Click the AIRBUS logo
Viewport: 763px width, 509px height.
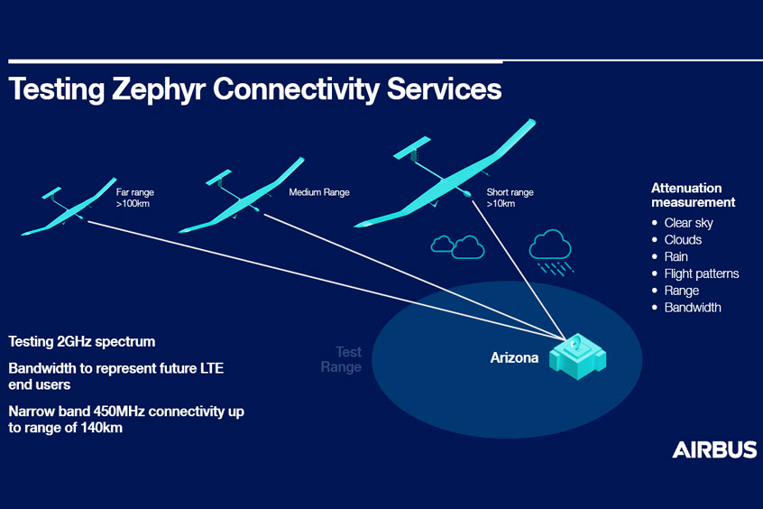coord(713,449)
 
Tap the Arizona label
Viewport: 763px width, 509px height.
coord(514,358)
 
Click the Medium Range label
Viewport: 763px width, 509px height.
coord(318,192)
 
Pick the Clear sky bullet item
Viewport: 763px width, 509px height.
coord(688,223)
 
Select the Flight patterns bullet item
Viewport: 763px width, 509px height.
coord(701,273)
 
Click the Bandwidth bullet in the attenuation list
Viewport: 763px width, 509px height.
coord(692,308)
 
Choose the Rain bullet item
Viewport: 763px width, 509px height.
coord(676,257)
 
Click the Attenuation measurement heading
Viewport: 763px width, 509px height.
coord(693,195)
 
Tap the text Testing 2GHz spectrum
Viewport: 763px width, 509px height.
coord(82,342)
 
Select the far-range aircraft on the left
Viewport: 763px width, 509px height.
coord(68,208)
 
